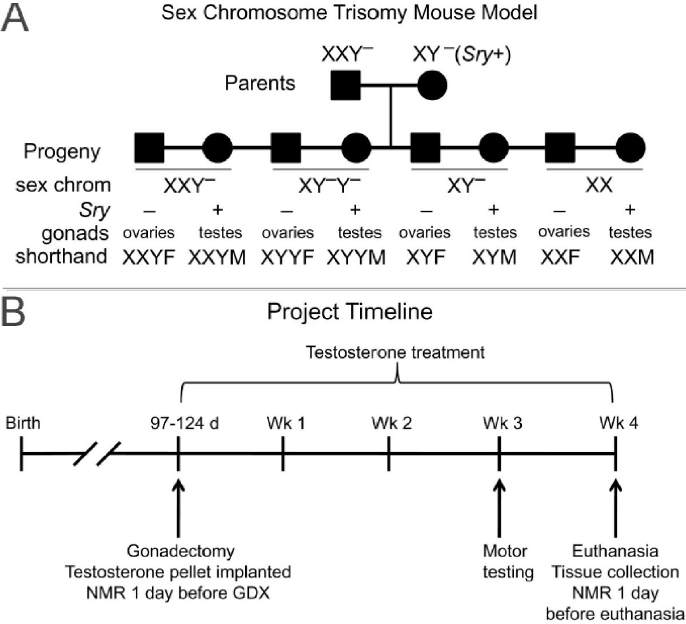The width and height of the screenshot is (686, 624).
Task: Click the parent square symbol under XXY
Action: click(346, 86)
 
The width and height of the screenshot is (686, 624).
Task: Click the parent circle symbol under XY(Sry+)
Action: click(432, 86)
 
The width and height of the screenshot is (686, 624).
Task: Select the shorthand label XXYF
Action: click(149, 258)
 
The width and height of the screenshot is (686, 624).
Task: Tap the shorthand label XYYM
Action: click(356, 258)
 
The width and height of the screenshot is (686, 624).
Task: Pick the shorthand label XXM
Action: click(631, 258)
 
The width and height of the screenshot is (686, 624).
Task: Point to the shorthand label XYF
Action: click(425, 258)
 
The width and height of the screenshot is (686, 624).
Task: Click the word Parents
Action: click(260, 83)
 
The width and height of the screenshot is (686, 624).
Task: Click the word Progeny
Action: click(62, 151)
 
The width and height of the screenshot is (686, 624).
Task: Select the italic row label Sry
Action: click(94, 211)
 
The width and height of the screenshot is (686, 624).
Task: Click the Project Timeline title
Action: click(350, 312)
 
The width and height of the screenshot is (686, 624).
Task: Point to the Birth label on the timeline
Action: click(23, 423)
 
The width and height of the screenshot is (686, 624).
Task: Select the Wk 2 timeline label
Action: click(392, 423)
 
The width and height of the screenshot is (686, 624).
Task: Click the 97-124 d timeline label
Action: click(185, 423)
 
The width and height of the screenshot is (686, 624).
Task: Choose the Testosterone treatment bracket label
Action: click(395, 352)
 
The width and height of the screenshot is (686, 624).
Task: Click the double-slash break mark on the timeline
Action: click(97, 454)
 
